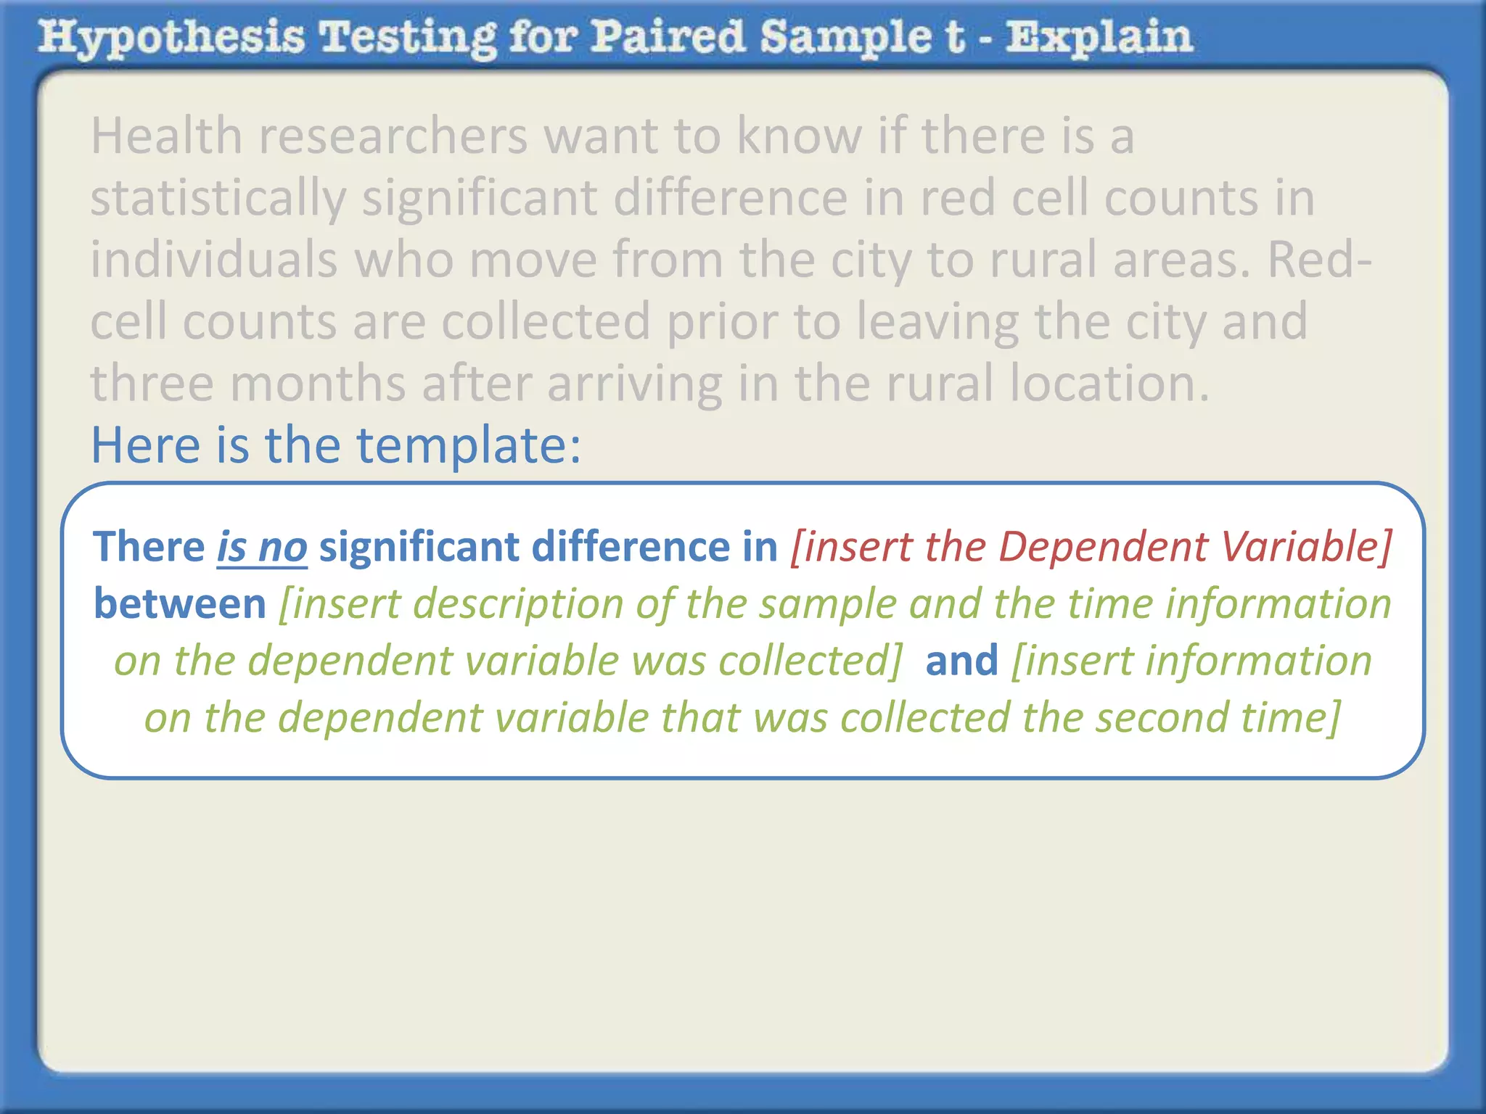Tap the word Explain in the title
click(x=1099, y=38)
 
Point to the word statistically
click(x=218, y=199)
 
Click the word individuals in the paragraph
click(x=214, y=260)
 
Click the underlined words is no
click(x=262, y=547)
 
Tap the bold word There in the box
click(x=149, y=547)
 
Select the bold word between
click(x=180, y=604)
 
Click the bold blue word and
click(x=961, y=661)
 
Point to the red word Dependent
click(x=1103, y=547)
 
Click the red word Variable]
click(x=1306, y=547)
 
